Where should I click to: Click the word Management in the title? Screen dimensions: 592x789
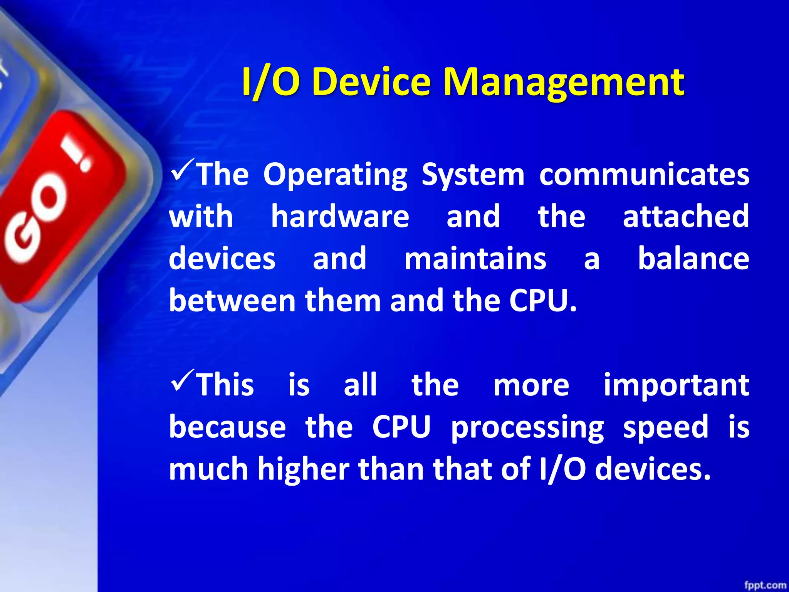tap(563, 82)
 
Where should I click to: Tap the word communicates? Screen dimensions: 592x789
tap(644, 174)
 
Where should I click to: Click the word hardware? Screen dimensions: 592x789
tap(340, 217)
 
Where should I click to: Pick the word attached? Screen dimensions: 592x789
tap(686, 217)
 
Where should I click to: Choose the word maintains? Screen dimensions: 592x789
tap(475, 259)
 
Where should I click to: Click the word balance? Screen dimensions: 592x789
tap(693, 259)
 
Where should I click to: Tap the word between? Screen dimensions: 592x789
tap(232, 301)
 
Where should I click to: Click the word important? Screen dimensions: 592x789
tap(676, 385)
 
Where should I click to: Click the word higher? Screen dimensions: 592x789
tap(303, 469)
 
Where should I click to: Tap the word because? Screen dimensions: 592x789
tap(227, 427)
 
